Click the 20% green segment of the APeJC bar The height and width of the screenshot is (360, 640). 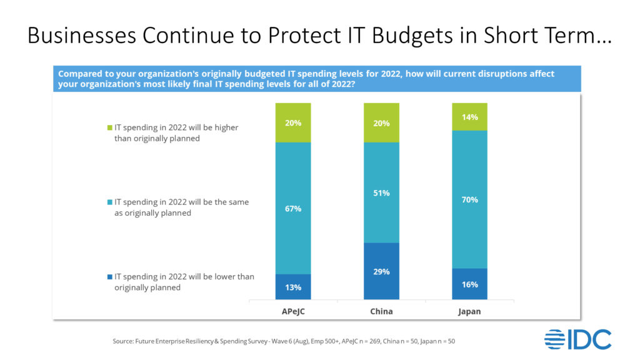(293, 122)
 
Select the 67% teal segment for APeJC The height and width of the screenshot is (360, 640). (293, 208)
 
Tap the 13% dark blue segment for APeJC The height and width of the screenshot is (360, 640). (293, 287)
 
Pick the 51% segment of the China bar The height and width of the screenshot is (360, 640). (382, 192)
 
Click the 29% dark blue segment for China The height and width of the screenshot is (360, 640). (382, 271)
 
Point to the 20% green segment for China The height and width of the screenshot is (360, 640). (382, 122)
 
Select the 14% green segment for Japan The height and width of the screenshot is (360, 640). (470, 117)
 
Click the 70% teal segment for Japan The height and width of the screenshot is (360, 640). (470, 199)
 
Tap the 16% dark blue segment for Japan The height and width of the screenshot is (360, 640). (470, 284)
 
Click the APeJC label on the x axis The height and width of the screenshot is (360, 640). (293, 311)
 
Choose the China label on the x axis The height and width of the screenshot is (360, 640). (382, 311)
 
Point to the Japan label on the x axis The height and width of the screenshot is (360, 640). (470, 311)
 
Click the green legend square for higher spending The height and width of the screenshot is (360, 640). (110, 127)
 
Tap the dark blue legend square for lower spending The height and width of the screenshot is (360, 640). (110, 277)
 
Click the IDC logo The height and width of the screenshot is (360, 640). (577, 339)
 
